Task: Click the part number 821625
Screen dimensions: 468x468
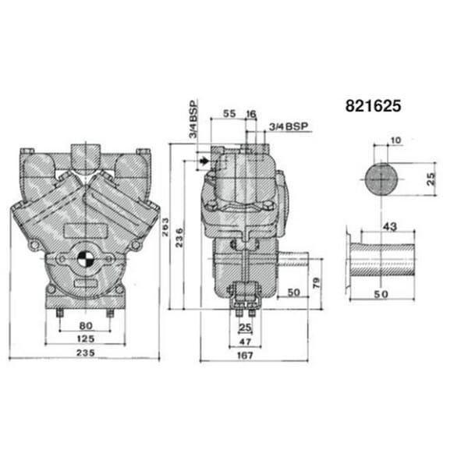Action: coord(373,105)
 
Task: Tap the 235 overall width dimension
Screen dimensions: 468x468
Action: coord(86,353)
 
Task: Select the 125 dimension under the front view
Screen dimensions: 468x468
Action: coord(86,339)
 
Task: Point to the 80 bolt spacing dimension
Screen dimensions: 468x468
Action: coord(86,325)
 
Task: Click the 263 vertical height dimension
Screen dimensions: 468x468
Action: coord(165,227)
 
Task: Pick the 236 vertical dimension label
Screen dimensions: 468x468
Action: coord(179,238)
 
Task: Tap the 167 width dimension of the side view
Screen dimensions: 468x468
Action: coord(245,356)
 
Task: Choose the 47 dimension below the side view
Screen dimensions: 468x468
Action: coord(245,342)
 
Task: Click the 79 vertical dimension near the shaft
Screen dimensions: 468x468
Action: coord(316,282)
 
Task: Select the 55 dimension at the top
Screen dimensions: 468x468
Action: coord(229,113)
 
